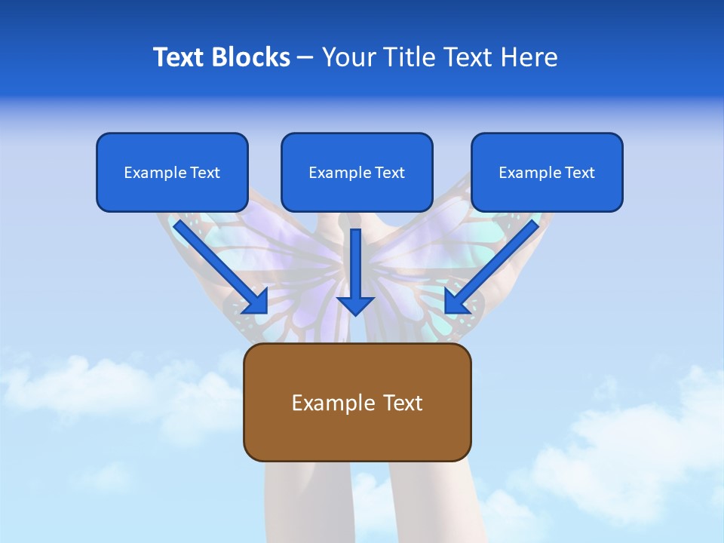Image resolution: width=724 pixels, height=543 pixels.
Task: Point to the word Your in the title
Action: coord(348,57)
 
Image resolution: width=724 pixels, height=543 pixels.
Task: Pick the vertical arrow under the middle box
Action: coord(355,264)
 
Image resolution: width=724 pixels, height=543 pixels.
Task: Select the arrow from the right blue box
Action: coord(494,264)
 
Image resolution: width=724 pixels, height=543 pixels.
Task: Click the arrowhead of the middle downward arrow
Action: coord(355,305)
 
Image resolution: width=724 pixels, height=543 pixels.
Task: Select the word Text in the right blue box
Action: coord(579,173)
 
